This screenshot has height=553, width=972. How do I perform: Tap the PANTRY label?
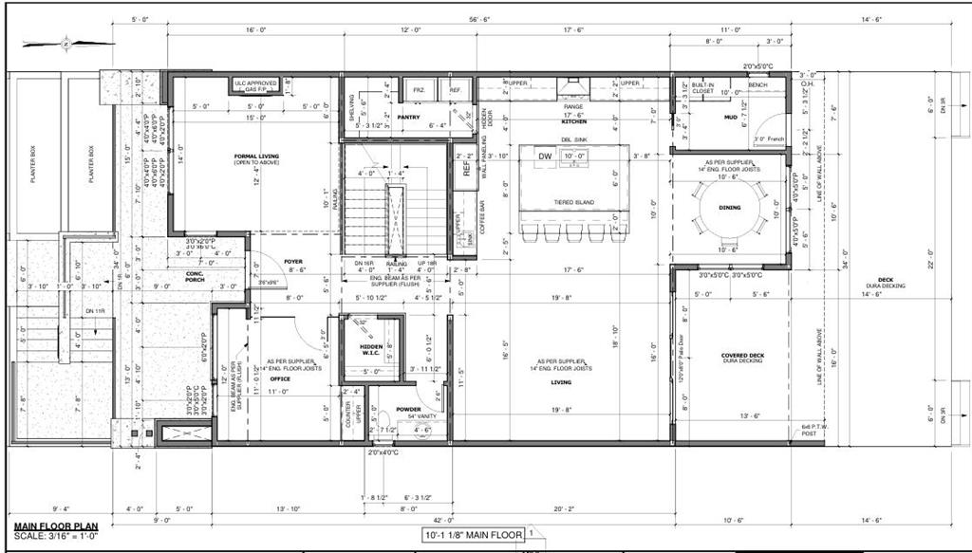tap(409, 117)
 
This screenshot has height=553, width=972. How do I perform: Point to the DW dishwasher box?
tap(545, 157)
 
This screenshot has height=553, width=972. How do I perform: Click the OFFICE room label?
tap(280, 378)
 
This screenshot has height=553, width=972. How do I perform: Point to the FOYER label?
tap(292, 262)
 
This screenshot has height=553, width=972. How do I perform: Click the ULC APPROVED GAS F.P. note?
tap(255, 86)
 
